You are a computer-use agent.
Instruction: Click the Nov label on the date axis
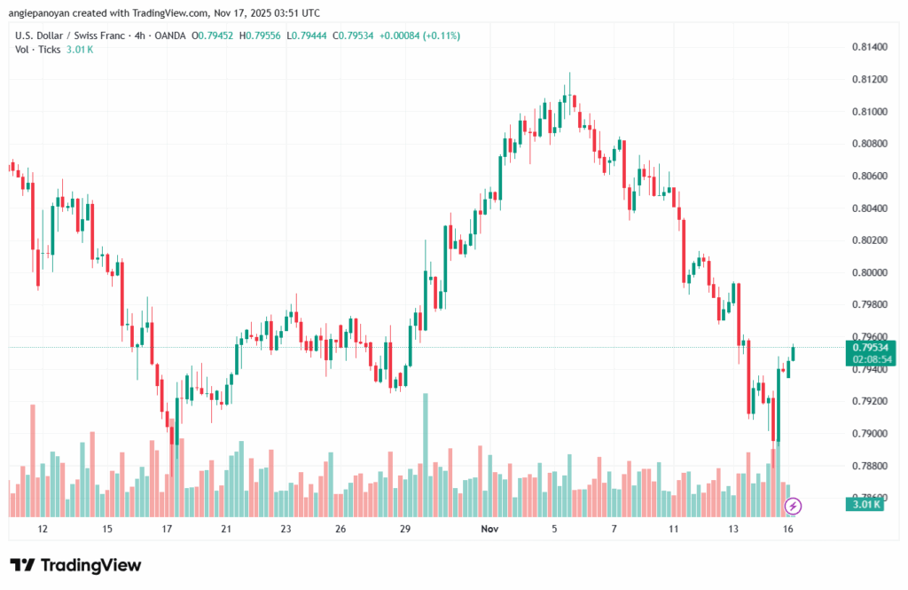tap(488, 529)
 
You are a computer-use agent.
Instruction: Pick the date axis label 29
tap(404, 529)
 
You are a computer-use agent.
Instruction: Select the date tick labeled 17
tap(167, 529)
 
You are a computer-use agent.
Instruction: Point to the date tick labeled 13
tap(733, 529)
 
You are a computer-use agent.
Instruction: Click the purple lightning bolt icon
tap(794, 506)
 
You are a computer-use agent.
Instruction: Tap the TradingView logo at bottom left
tap(75, 565)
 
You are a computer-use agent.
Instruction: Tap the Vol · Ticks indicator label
tap(38, 49)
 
